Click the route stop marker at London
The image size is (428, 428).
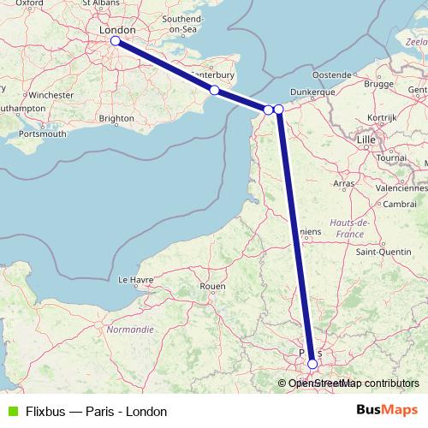click(x=115, y=39)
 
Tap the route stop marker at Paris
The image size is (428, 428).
click(x=312, y=364)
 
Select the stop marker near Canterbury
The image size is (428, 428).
click(x=215, y=90)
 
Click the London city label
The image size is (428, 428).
click(x=118, y=29)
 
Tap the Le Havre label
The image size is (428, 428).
click(x=134, y=279)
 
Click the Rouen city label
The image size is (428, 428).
click(x=211, y=286)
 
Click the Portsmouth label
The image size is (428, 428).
click(x=41, y=134)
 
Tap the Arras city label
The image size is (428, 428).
click(x=344, y=183)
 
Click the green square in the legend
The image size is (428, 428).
click(x=12, y=412)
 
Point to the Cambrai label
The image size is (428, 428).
click(x=400, y=203)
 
